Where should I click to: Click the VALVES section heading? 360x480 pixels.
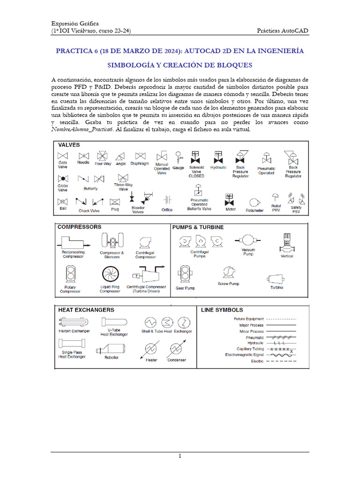point(69,145)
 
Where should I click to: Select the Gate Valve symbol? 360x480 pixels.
point(62,155)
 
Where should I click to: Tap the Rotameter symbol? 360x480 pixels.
point(255,202)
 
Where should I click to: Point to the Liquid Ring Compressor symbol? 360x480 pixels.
point(110,275)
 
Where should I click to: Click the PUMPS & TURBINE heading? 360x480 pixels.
point(198,227)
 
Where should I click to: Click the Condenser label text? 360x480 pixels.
point(176,360)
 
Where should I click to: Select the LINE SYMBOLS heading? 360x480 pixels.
point(222,310)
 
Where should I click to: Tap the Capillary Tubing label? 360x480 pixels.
point(251,349)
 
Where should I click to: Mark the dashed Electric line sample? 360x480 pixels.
point(281,361)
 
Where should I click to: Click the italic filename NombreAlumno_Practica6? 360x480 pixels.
point(82,129)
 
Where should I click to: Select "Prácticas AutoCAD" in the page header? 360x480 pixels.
point(283,31)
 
